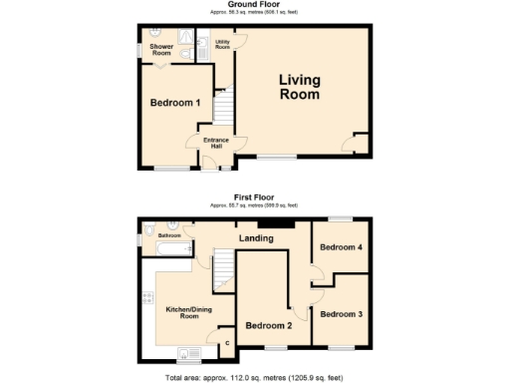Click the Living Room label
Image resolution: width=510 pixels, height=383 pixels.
pos(299,88)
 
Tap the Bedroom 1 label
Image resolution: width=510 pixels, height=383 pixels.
pos(175,103)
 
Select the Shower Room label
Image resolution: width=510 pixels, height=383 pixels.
pos(161,51)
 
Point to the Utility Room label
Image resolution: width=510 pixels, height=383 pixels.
pos(222,45)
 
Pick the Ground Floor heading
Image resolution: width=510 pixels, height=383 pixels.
pos(254,4)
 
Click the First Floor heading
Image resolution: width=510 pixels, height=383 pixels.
pos(254,197)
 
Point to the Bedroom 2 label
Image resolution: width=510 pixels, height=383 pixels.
pos(268,325)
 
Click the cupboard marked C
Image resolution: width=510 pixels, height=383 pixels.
pos(226,344)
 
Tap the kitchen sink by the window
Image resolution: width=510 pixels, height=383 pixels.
pos(186,353)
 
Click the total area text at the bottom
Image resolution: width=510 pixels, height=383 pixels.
pos(254,378)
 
